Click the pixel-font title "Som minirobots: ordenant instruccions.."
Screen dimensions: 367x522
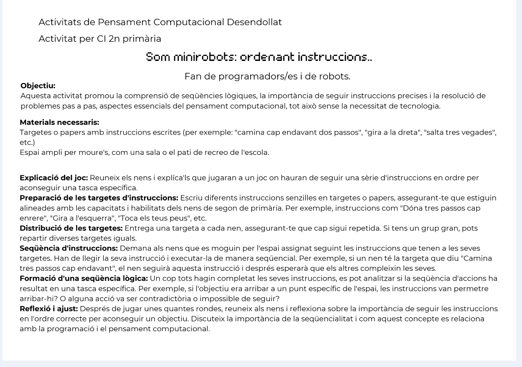259,57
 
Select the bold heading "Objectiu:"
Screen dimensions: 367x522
38,86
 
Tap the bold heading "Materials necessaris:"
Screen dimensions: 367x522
59,122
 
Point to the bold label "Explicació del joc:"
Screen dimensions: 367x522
54,178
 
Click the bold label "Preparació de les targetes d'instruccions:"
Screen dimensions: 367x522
99,198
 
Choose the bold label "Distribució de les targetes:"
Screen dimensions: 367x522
71,228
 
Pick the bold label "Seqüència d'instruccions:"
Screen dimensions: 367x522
68,249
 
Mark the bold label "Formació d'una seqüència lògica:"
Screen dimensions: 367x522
84,279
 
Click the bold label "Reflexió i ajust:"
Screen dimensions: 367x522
49,309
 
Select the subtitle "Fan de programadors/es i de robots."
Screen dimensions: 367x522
267,77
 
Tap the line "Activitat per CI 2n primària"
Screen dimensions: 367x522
100,39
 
